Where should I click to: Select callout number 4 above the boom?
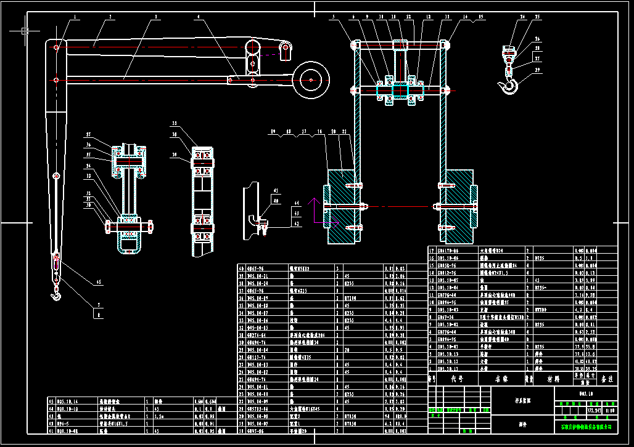[199, 17]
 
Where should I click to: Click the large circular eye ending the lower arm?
[311, 79]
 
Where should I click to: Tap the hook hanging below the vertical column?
[57, 296]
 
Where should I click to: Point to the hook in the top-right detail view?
[510, 86]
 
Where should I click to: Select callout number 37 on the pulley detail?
[89, 135]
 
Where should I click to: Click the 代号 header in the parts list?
[457, 379]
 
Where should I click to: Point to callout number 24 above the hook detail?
[522, 17]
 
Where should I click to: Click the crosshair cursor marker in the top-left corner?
[24, 30]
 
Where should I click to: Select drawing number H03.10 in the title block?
[586, 392]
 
